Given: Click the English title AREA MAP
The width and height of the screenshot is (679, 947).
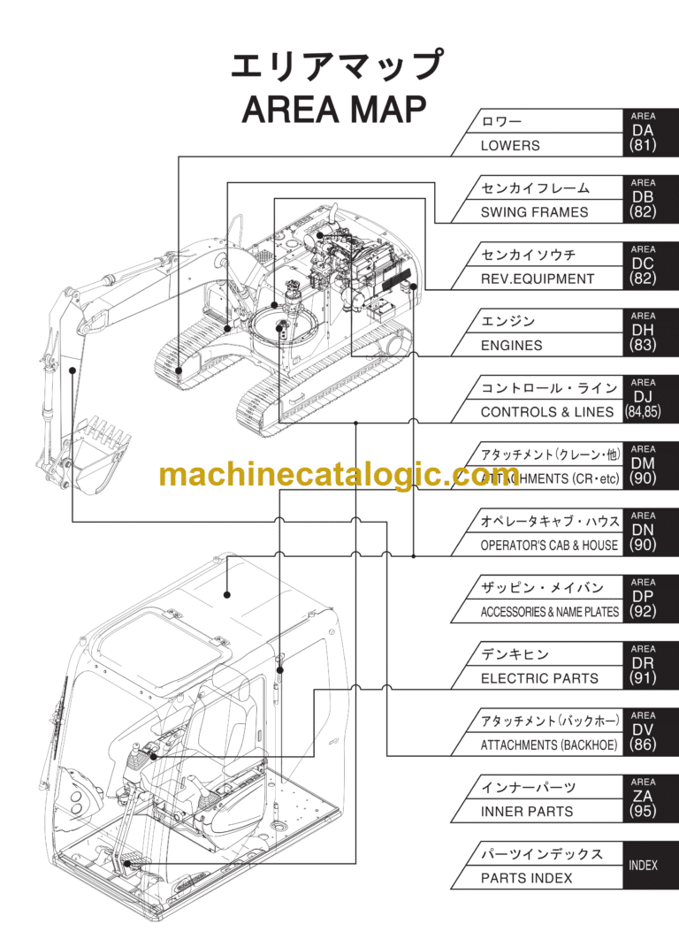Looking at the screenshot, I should tap(334, 111).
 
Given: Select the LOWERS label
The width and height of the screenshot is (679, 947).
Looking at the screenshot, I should tap(510, 146).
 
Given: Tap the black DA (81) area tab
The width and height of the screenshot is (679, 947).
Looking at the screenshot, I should tap(644, 134).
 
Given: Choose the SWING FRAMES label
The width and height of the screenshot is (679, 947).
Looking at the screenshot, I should tap(534, 212).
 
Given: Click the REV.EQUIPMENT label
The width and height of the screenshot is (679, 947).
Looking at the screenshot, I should tap(538, 279).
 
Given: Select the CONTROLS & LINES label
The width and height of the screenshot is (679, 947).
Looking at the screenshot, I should tap(546, 412).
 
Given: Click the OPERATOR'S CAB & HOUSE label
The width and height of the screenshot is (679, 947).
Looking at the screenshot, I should tap(549, 546).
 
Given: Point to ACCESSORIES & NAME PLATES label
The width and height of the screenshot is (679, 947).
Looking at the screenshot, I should tap(549, 612).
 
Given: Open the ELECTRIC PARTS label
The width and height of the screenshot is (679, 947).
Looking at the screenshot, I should tap(539, 679).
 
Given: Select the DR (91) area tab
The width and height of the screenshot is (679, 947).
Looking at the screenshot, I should tap(644, 667).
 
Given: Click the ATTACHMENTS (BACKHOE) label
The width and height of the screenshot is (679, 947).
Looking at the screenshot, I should tap(549, 745).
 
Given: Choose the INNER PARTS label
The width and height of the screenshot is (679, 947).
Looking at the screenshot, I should tap(527, 812).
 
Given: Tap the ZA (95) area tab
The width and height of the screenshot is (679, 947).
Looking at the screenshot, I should tap(644, 799).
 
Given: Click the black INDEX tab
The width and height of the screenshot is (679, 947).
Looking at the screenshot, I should tap(644, 866).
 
